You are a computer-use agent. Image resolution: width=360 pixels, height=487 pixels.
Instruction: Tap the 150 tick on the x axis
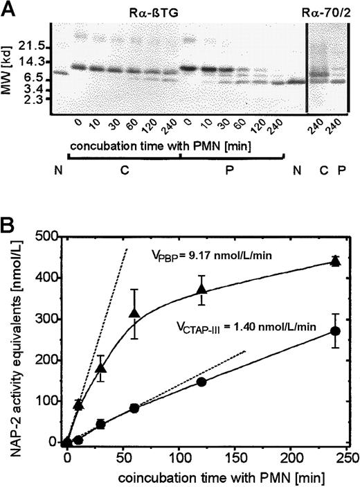point(235,459)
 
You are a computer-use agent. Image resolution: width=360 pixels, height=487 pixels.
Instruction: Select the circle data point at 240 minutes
point(336,331)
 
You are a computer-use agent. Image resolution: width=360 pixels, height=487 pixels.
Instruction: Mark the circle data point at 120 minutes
point(201,382)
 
